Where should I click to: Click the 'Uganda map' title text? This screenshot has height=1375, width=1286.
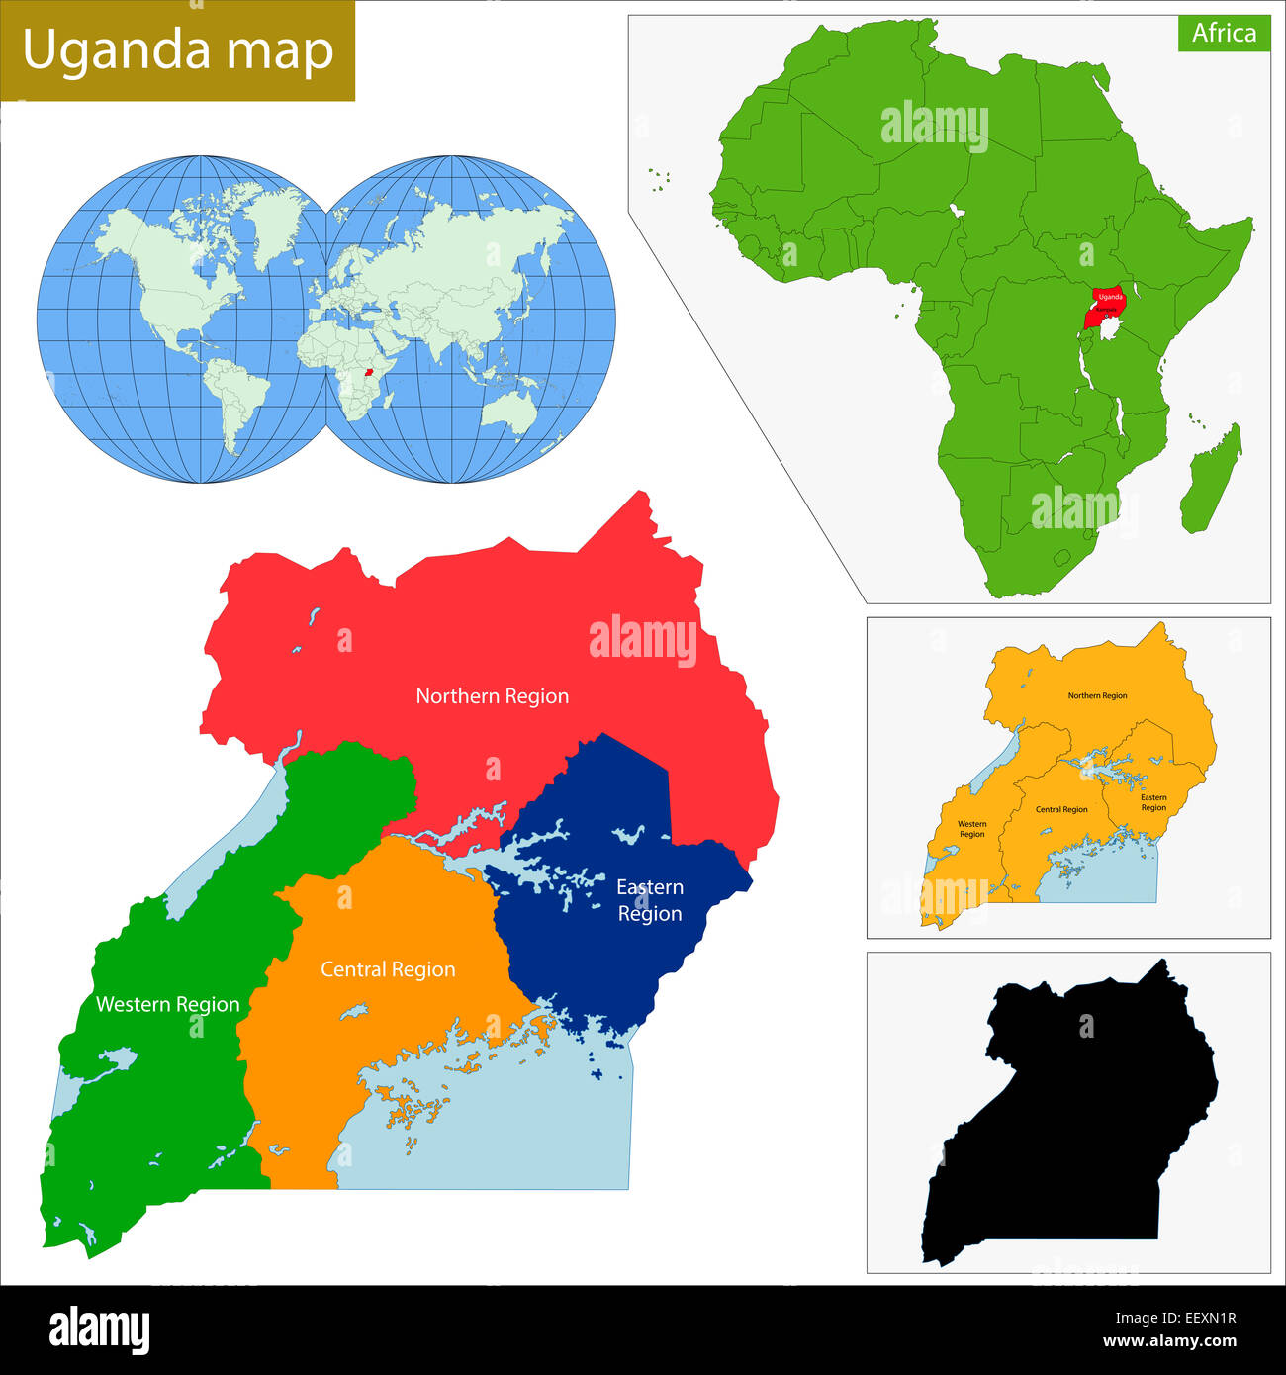pyautogui.click(x=178, y=50)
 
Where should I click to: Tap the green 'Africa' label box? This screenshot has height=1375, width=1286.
pyautogui.click(x=1224, y=33)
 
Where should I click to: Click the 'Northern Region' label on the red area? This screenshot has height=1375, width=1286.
pyautogui.click(x=492, y=696)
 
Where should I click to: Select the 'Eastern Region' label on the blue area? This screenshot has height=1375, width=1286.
pyautogui.click(x=650, y=900)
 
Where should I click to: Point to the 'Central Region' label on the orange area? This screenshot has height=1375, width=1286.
pyautogui.click(x=388, y=969)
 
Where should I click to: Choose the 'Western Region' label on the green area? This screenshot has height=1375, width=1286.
pyautogui.click(x=167, y=1004)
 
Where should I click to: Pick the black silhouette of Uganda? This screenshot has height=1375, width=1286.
pyautogui.click(x=1078, y=1118)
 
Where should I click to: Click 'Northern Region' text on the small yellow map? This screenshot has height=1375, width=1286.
pyautogui.click(x=1097, y=696)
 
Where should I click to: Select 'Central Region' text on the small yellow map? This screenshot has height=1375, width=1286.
pyautogui.click(x=1060, y=810)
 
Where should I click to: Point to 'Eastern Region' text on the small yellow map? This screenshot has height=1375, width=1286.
pyautogui.click(x=1153, y=802)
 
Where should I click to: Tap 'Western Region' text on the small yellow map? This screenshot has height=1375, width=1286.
pyautogui.click(x=971, y=829)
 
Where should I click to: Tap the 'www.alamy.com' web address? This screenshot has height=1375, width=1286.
pyautogui.click(x=1169, y=1342)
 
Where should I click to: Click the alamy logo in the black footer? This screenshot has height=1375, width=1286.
pyautogui.click(x=99, y=1329)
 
